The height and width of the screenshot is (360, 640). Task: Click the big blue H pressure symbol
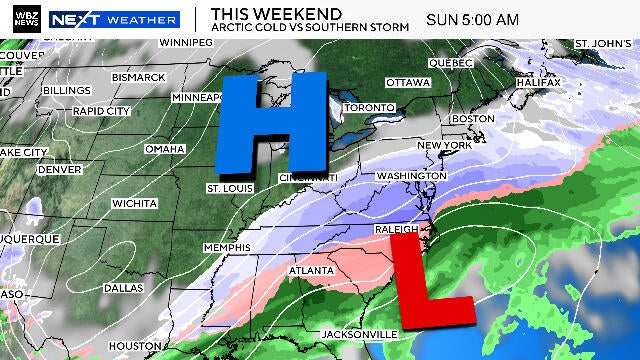click(x=272, y=122)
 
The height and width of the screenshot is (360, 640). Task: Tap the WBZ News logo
click(x=23, y=19)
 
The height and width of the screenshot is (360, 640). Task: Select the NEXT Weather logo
click(x=114, y=19)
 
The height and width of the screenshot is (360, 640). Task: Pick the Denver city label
click(x=59, y=169)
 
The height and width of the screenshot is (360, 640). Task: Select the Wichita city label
click(x=133, y=203)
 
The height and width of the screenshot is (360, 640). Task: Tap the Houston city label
click(x=132, y=345)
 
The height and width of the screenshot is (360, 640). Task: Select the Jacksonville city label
click(x=360, y=333)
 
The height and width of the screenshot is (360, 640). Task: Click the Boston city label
click(x=472, y=118)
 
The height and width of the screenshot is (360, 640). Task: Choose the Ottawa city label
click(x=407, y=81)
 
